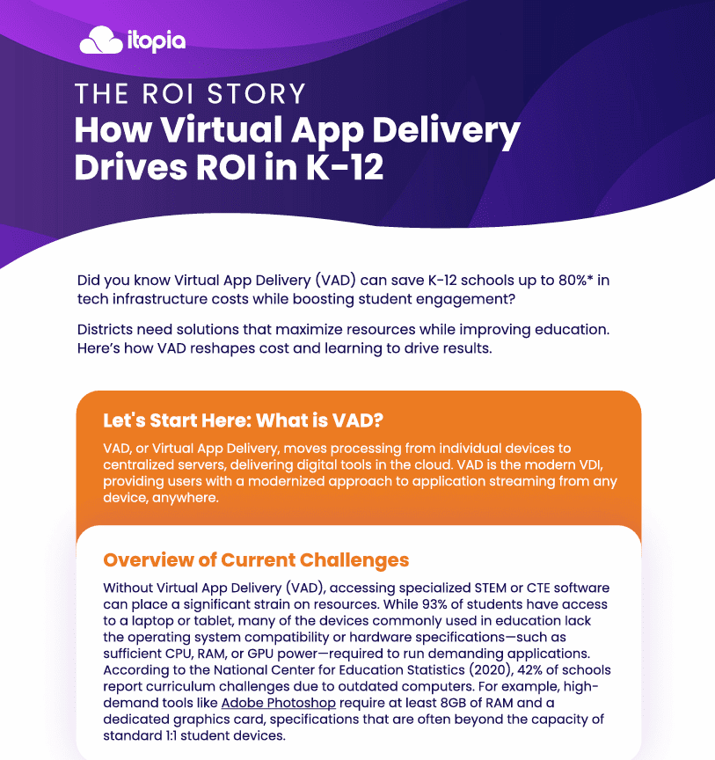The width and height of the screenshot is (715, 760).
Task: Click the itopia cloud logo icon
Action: [101, 40]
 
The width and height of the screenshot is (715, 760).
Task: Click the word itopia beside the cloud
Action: [156, 41]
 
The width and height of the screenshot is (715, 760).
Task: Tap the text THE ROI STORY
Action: [190, 93]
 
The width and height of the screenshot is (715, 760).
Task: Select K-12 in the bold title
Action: [345, 167]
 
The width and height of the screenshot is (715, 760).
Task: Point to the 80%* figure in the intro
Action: [575, 280]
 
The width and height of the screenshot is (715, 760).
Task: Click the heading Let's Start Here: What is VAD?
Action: [243, 420]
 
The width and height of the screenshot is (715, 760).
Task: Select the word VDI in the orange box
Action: [591, 464]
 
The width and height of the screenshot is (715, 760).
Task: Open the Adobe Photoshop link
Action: [278, 703]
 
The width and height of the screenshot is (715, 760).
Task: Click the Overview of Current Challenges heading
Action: [256, 559]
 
